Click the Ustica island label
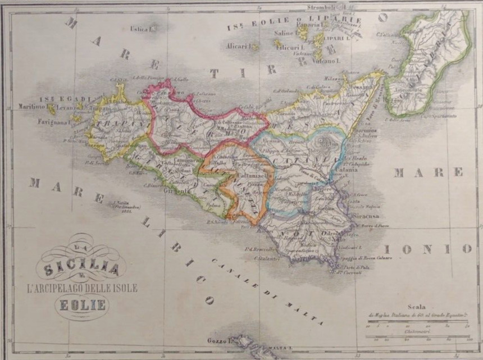point(141,29)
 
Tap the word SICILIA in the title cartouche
point(81,268)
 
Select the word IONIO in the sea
point(428,249)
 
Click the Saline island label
point(284,34)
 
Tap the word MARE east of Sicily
point(428,171)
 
